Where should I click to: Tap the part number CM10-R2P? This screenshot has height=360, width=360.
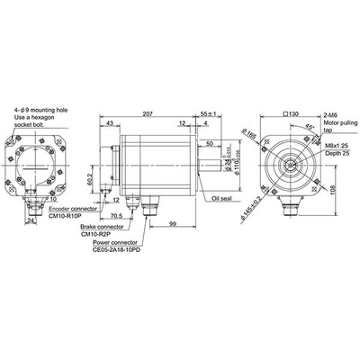[96, 234]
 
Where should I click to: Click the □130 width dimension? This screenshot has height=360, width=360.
[290, 114]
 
